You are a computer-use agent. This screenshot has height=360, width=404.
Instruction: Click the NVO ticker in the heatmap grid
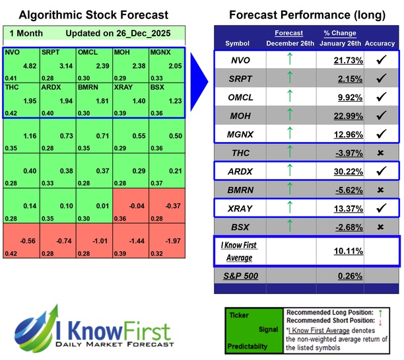12,51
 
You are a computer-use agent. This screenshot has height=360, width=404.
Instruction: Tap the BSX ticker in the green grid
158,87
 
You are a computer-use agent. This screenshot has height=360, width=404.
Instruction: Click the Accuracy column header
380,43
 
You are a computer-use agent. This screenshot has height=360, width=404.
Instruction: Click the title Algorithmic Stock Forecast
92,15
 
